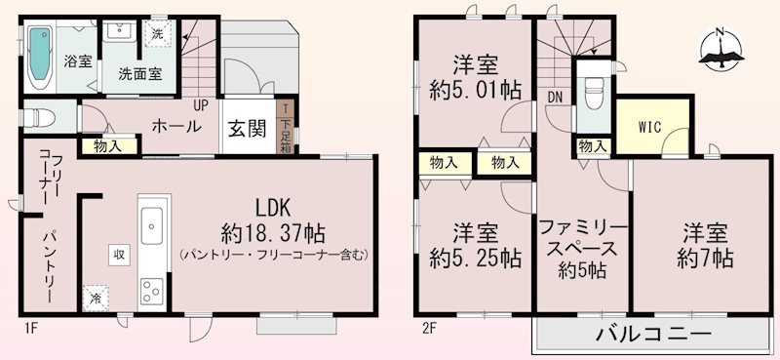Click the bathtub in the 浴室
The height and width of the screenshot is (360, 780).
40,56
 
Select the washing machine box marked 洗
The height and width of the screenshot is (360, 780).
158,35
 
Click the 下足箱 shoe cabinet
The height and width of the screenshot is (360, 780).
285,129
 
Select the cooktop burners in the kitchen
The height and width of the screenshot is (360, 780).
153,289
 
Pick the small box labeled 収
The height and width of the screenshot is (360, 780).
116,254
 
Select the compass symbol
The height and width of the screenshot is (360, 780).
721,49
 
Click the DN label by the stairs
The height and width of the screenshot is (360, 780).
555,96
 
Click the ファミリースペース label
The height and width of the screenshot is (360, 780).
583,247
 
